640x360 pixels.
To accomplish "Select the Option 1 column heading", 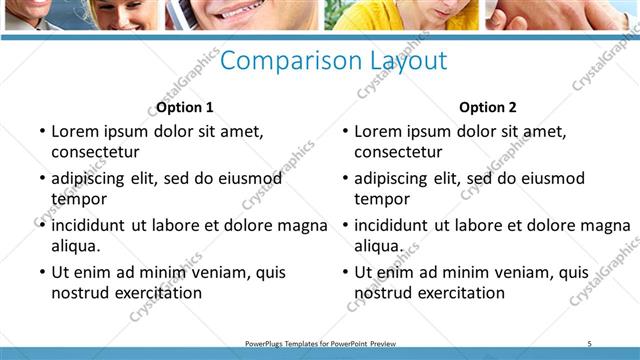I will click(185, 107).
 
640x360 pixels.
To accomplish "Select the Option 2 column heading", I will click(488, 107).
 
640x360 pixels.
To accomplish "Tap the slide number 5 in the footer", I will click(590, 343).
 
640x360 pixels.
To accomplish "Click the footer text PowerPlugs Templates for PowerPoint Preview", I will click(320, 343).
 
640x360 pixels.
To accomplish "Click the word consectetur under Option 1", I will click(95, 152).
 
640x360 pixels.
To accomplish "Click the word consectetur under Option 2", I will click(398, 152).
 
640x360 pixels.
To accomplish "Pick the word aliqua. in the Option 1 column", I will click(76, 246).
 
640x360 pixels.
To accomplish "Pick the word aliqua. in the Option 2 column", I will click(379, 246).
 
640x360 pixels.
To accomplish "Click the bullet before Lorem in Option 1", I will click(41, 131).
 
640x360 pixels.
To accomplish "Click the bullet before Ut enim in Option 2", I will click(345, 272).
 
